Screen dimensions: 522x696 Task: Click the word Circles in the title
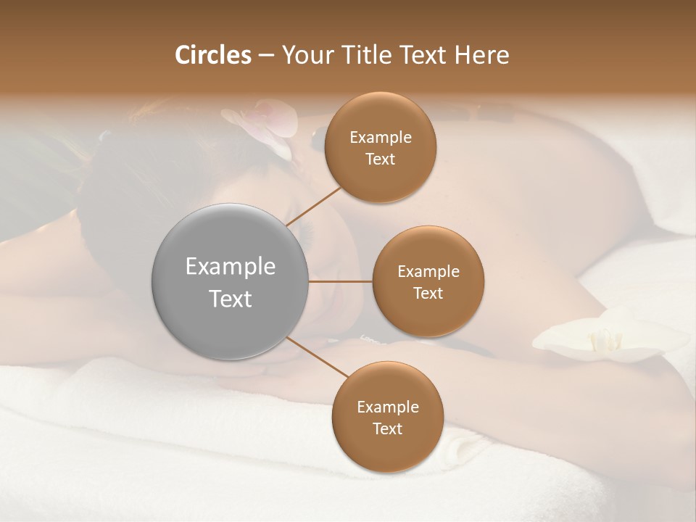point(213,55)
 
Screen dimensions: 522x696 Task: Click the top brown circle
point(380,148)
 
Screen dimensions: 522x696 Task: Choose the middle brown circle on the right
point(428,281)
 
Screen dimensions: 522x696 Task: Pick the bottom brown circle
point(387,418)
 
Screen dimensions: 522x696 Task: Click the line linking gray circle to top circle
point(314,206)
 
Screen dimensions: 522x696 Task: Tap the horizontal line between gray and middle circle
point(341,281)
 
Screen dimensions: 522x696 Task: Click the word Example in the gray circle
point(231,267)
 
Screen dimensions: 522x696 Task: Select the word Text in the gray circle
point(231,299)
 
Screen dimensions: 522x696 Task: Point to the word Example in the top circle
point(380,138)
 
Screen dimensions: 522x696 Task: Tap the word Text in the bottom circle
point(387,428)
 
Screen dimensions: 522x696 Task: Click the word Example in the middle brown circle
point(428,272)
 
